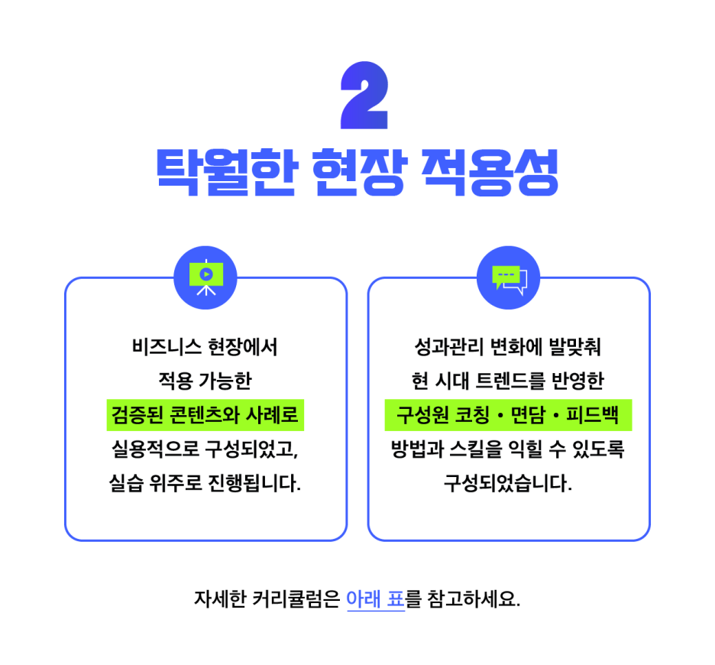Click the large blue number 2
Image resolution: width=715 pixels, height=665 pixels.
[364, 95]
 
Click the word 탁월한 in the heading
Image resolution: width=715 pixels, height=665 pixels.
[227, 172]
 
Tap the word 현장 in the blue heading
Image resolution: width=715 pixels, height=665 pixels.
[359, 172]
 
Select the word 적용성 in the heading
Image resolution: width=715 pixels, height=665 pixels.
[490, 172]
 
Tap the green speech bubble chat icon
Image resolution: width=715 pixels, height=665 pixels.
[509, 277]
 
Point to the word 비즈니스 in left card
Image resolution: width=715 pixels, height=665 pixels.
[167, 347]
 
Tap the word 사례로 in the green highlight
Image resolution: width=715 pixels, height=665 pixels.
[272, 415]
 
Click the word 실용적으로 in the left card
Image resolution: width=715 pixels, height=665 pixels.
[156, 449]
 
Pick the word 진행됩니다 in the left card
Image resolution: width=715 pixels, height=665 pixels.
[254, 483]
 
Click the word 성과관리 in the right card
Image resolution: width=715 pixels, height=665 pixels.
[448, 347]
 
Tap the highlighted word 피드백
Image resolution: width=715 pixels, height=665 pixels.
[592, 415]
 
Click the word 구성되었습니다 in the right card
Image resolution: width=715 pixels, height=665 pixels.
[508, 483]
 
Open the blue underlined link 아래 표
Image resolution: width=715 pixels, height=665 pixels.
[376, 598]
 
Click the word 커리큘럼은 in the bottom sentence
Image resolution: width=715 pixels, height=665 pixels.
[296, 598]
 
